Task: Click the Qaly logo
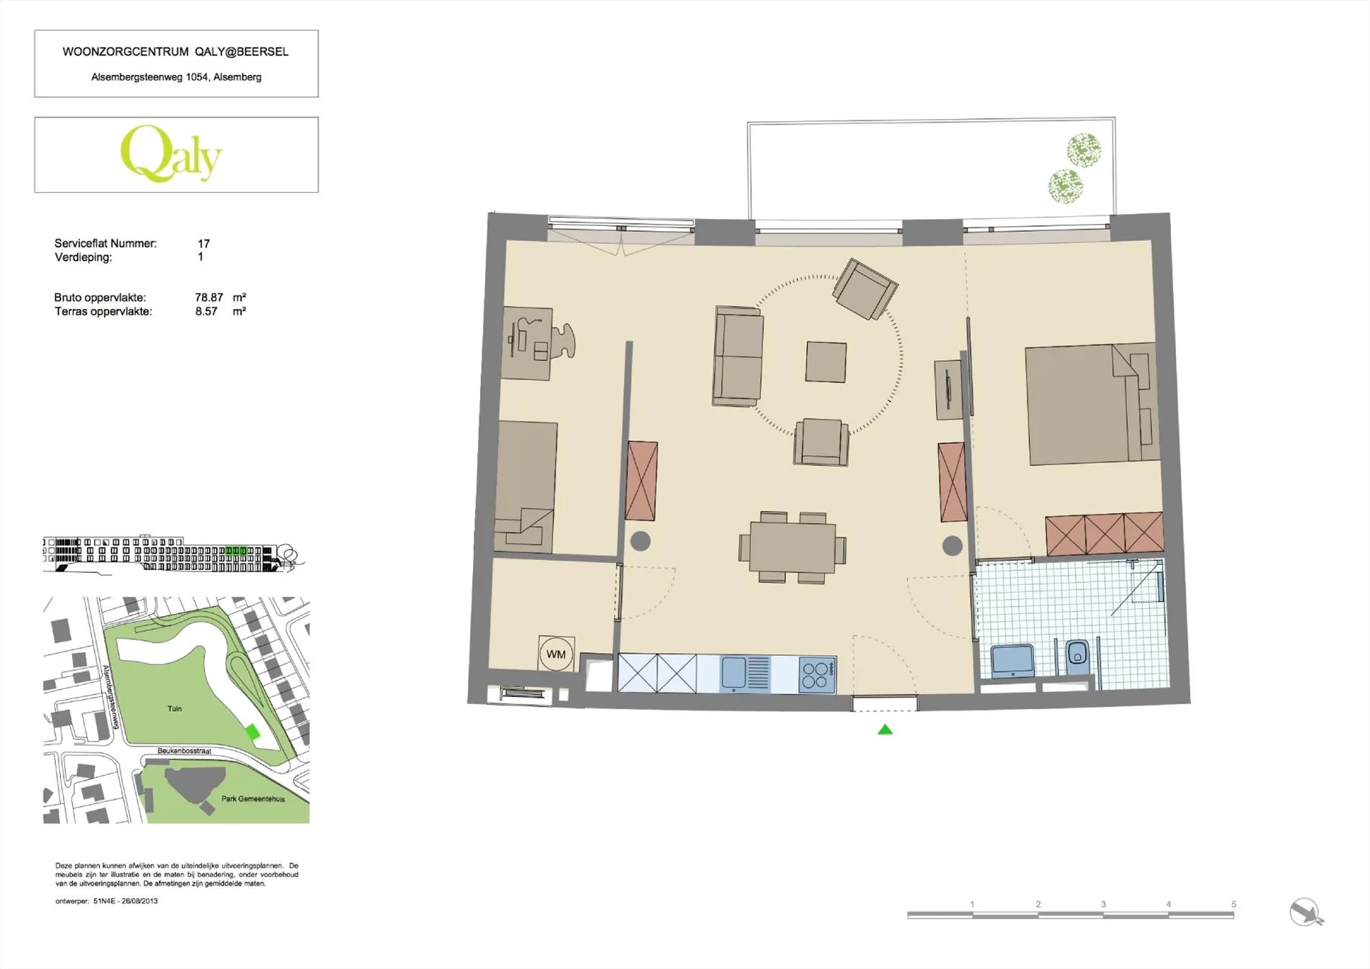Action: (x=171, y=154)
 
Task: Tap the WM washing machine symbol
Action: (x=556, y=654)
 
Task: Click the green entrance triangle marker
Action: (x=885, y=729)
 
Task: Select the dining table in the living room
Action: (x=792, y=548)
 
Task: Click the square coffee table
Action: (x=826, y=361)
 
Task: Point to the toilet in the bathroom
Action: (x=1077, y=655)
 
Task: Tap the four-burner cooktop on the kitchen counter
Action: (x=817, y=675)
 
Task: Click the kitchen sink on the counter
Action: (x=746, y=674)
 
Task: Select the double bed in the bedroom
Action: (x=1090, y=405)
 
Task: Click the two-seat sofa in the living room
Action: (x=738, y=356)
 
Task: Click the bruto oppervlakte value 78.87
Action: (x=209, y=297)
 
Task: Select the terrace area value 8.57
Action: (x=206, y=312)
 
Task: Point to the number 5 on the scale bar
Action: (x=1234, y=904)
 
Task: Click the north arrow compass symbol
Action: (x=1306, y=912)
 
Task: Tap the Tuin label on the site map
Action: (x=174, y=709)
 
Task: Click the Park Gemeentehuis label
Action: (x=253, y=799)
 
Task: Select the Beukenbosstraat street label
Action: (x=185, y=751)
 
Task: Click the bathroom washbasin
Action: (x=1012, y=660)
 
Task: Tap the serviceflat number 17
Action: (x=204, y=244)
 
